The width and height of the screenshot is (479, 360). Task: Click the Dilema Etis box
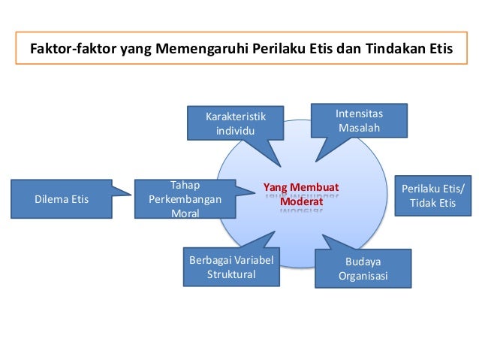coord(62,199)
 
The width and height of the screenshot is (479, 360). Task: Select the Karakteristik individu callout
coord(236,123)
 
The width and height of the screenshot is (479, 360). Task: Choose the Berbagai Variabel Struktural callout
coord(231,268)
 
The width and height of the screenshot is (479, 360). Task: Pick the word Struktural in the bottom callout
coord(231,274)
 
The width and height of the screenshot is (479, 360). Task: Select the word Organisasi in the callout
coord(363,277)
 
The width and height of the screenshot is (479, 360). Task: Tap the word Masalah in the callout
coord(359,128)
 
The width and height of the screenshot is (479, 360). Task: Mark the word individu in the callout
coord(236,130)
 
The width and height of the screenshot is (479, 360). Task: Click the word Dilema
coord(50,199)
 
